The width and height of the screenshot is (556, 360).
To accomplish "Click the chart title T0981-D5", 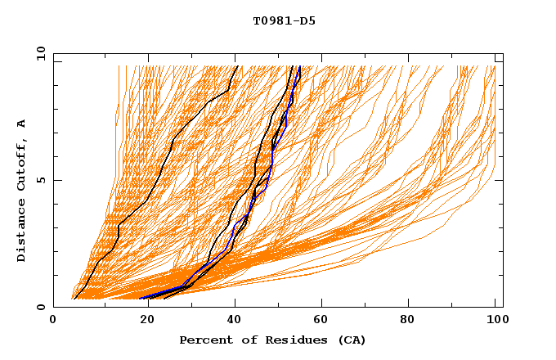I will (284, 21).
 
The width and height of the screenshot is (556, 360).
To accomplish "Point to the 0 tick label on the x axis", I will (54, 321).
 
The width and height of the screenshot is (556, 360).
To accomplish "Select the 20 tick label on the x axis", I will (142, 321).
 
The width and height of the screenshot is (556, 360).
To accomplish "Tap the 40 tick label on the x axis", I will (231, 321).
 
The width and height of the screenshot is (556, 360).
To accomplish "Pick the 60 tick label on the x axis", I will (319, 321).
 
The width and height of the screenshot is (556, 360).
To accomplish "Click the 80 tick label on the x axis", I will (407, 321).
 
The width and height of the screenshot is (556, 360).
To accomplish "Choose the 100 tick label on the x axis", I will (495, 321).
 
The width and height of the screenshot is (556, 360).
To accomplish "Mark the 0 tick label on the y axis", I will (39, 308).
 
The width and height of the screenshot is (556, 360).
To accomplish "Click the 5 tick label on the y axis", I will (39, 180).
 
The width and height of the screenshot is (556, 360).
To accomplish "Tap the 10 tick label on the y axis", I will (39, 53).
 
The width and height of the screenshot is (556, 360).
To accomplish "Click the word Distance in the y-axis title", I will (21, 232).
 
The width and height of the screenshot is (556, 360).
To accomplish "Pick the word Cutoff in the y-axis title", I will (21, 164).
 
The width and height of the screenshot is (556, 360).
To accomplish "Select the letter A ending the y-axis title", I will (21, 124).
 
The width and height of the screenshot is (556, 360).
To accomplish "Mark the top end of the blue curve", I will (300, 66).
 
